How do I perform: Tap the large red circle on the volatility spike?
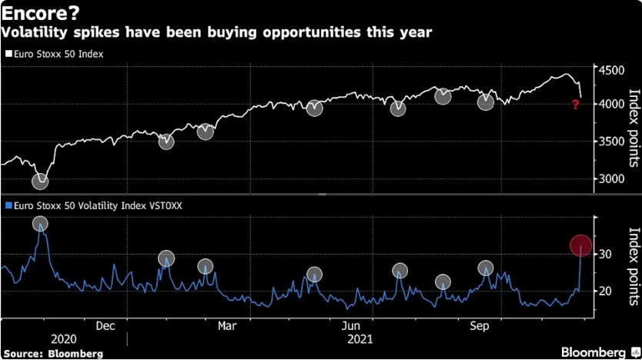[x=581, y=245]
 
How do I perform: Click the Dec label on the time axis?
[x=106, y=325]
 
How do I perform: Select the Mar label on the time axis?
[x=228, y=325]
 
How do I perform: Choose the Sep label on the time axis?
[x=480, y=325]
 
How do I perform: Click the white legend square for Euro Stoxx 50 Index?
[x=8, y=55]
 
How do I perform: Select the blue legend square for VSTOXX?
[x=8, y=205]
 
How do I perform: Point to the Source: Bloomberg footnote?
[x=52, y=353]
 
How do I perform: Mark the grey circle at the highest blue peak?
[x=40, y=224]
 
